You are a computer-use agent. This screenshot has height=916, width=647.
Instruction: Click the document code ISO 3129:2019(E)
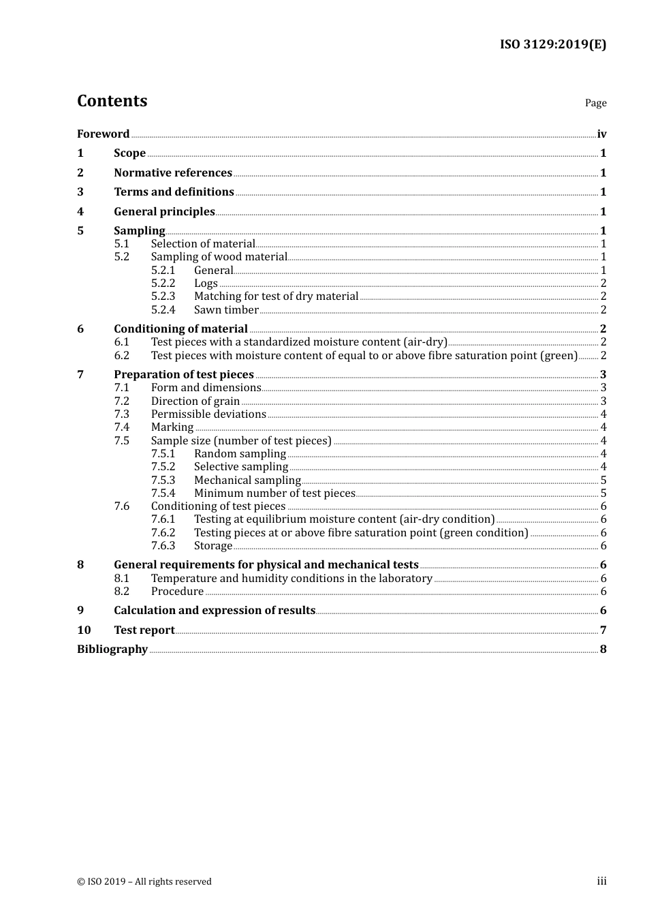[x=553, y=44]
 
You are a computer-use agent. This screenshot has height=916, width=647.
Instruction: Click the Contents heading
[x=112, y=101]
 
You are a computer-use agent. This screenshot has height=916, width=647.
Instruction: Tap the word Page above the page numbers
[x=595, y=103]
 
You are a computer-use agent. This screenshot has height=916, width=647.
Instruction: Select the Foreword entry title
[x=103, y=134]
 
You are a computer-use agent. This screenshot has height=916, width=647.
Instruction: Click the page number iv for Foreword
[x=601, y=134]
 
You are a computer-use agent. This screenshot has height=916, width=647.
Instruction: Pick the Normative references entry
[x=173, y=172]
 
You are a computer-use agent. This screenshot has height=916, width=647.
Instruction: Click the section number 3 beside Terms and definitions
[x=80, y=192]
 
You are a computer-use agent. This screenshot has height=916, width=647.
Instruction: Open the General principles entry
[x=164, y=211]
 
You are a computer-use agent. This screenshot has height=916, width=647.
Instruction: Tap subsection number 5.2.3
[x=163, y=296]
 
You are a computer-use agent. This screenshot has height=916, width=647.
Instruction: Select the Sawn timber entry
[x=226, y=309]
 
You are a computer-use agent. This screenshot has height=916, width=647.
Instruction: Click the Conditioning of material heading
[x=180, y=329]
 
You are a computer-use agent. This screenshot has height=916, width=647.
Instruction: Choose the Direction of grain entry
[x=195, y=401]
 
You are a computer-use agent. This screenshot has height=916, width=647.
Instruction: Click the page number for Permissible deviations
[x=603, y=414]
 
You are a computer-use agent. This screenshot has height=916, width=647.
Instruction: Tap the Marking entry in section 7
[x=172, y=427]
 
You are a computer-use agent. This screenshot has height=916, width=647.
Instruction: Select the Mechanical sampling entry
[x=247, y=480]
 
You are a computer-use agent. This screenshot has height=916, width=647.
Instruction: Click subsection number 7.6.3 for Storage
[x=163, y=545]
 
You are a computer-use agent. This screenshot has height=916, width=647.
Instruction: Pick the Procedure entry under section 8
[x=177, y=591]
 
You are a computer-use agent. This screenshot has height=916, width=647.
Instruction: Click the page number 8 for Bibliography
[x=603, y=649]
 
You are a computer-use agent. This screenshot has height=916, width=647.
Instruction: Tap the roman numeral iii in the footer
[x=601, y=881]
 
